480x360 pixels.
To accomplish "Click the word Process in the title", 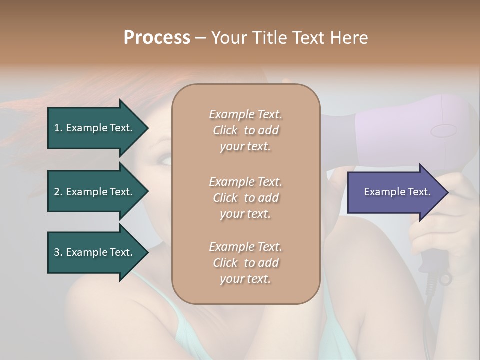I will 157,38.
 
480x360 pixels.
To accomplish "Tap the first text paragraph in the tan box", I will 245,130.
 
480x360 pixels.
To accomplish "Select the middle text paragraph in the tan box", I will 245,198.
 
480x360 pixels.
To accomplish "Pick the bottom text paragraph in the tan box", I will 245,263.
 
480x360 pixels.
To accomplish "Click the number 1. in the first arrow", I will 58,128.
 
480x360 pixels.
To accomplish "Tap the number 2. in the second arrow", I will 58,192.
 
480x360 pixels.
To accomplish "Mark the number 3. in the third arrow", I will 58,252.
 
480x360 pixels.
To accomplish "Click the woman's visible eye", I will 164,159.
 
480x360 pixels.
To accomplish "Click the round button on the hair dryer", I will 443,131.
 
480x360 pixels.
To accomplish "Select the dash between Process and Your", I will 200,38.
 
